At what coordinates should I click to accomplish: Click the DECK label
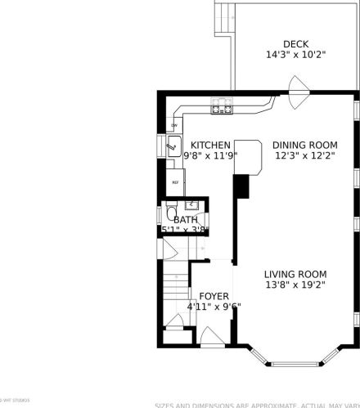[295, 44]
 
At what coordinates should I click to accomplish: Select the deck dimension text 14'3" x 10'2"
[295, 55]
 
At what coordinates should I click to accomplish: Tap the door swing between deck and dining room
[297, 86]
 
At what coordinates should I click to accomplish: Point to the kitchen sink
[173, 148]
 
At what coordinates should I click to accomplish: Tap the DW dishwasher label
[173, 125]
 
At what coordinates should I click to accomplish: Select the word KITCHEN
[210, 144]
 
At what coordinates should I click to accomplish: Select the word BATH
[185, 220]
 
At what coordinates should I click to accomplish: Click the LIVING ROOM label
[295, 275]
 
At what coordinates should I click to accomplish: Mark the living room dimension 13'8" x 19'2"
[295, 285]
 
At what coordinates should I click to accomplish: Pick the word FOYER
[214, 296]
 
